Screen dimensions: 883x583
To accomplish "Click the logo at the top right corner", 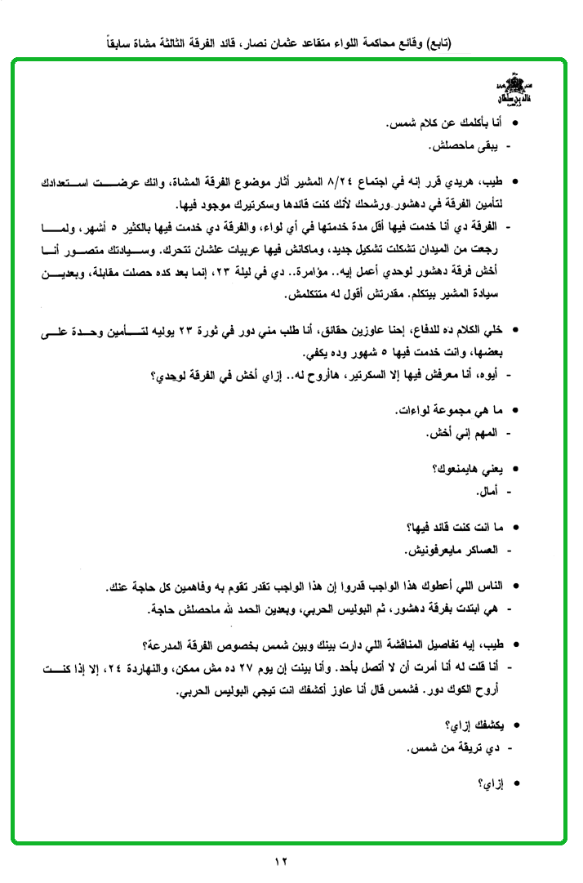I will tap(512, 91).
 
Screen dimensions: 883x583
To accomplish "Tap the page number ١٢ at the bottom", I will tap(283, 862).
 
